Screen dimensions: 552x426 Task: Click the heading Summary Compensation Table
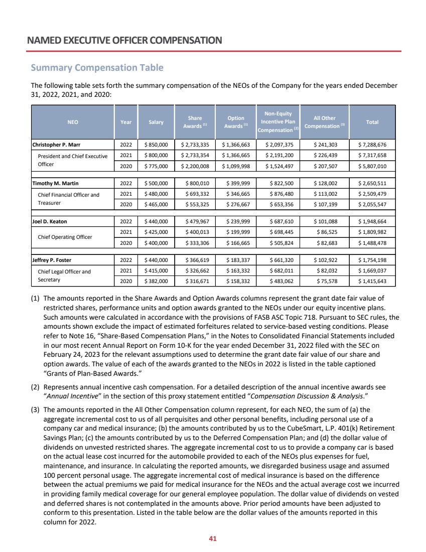point(97,67)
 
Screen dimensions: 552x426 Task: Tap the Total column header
point(372,121)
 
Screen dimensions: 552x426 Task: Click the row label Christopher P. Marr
point(57,145)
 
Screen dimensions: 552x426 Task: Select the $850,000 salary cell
point(156,145)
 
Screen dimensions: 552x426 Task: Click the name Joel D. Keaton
point(49,221)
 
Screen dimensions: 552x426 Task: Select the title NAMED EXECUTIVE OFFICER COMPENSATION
point(125,39)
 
